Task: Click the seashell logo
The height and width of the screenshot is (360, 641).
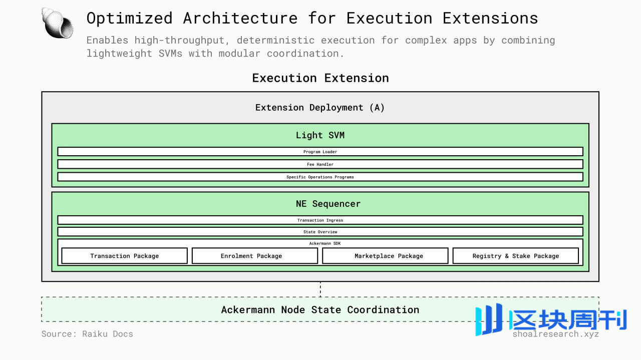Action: point(57,23)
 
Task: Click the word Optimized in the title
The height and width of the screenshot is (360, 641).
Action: point(130,19)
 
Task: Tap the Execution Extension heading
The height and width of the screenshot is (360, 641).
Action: point(320,78)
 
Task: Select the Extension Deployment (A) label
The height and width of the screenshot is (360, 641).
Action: point(320,108)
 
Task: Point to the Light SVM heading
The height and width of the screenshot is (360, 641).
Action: point(320,135)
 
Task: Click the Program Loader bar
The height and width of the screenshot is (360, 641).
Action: point(320,152)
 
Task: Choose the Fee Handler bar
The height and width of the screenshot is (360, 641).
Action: point(320,164)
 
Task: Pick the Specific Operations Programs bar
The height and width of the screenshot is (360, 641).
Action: point(320,177)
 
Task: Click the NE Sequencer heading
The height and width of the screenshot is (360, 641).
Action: point(328,204)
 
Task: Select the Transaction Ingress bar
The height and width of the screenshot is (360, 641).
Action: point(320,220)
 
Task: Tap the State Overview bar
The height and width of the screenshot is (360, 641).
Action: point(320,232)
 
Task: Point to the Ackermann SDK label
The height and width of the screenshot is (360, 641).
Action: point(325,243)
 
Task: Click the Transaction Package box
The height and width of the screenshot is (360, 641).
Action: point(125,256)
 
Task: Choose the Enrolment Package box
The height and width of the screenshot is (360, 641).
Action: point(255,256)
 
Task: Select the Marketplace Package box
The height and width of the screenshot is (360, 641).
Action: point(385,256)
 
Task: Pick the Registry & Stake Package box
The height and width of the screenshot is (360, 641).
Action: point(516,256)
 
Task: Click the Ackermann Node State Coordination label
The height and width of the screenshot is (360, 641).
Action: point(320,309)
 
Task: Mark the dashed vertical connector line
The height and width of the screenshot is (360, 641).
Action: point(320,289)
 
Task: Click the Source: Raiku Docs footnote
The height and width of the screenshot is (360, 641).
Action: point(87,334)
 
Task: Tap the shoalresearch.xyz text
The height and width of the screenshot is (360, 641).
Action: point(556,334)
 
